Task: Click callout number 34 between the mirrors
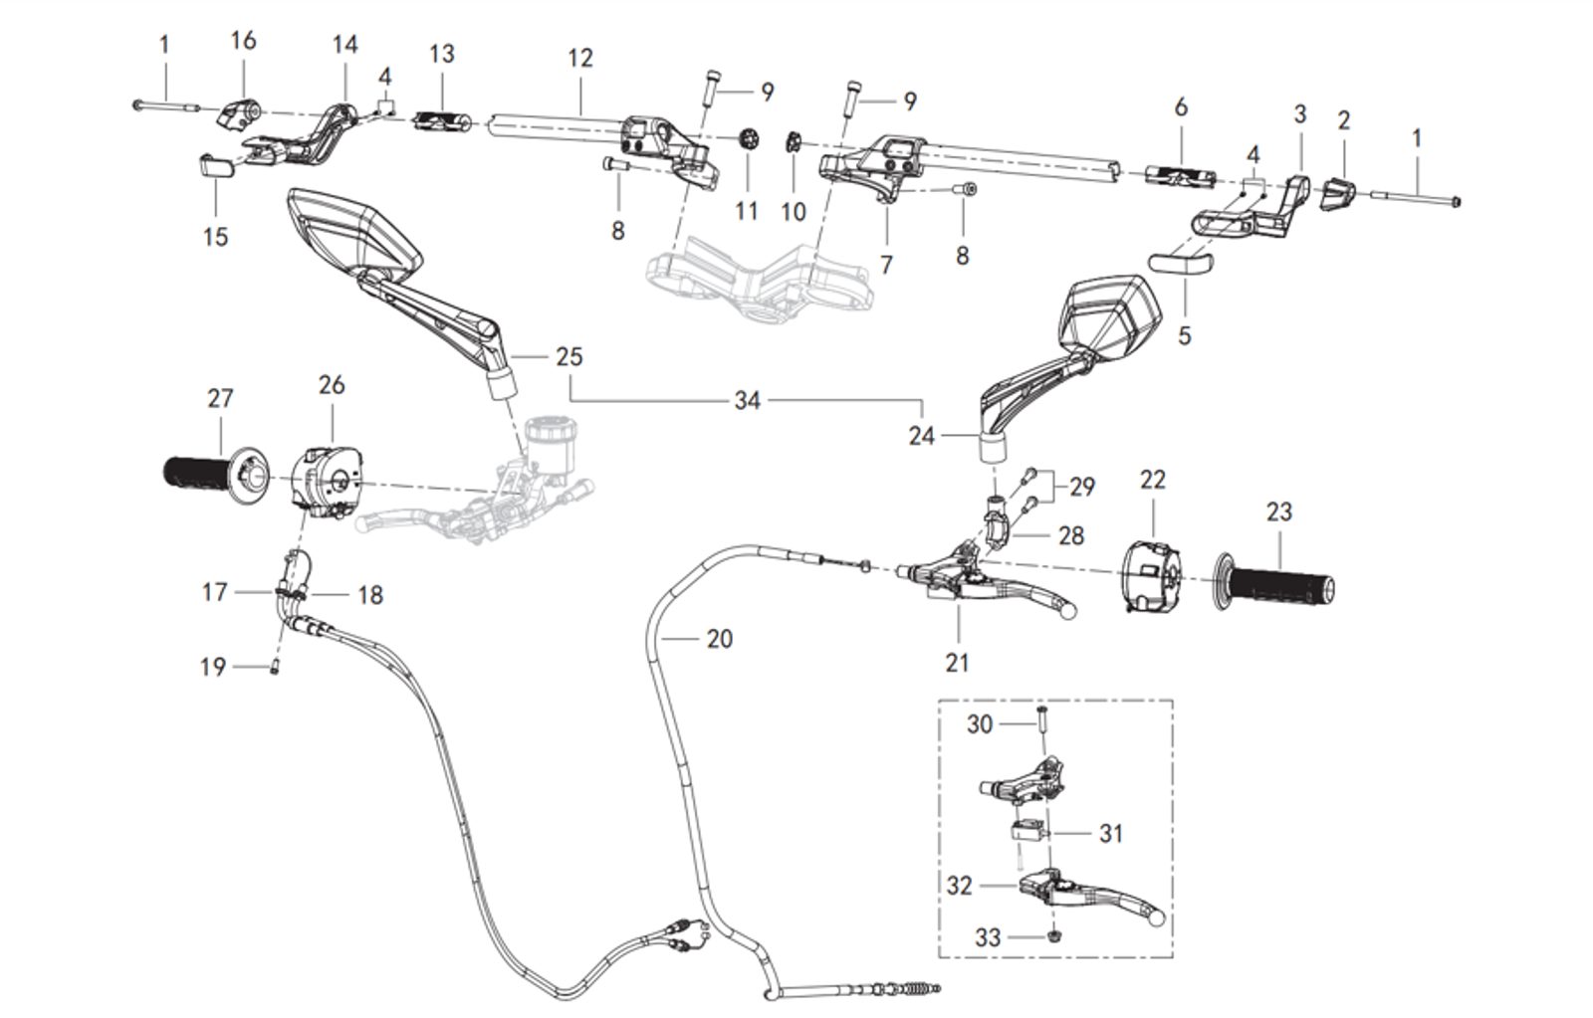[747, 400]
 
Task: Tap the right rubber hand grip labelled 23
[1280, 586]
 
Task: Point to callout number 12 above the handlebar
[579, 58]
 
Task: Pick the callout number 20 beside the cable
[719, 638]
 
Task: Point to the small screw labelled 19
[273, 669]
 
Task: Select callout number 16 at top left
[243, 40]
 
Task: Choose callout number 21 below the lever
[957, 662]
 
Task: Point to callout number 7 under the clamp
[886, 264]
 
